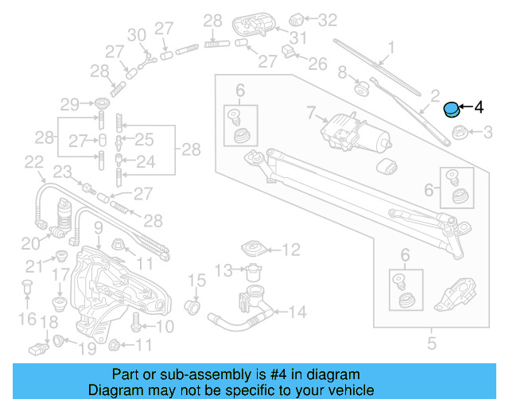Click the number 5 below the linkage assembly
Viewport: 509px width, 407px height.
tap(432, 344)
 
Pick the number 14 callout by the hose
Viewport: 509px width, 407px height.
tap(297, 312)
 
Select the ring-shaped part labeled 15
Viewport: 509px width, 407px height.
tap(192, 305)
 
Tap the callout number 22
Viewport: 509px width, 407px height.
tap(33, 163)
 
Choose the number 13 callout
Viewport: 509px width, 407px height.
tap(225, 269)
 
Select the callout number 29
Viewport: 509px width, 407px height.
tap(71, 104)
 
